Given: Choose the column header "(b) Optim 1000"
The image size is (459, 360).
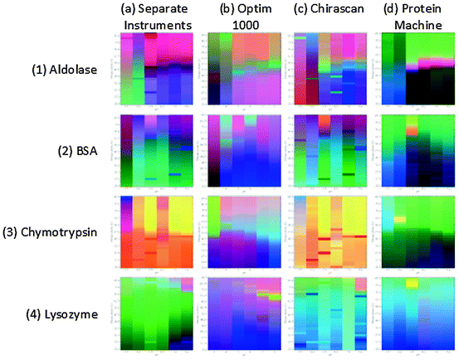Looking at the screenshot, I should pos(244,17).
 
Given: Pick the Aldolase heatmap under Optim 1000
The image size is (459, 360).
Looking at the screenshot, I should pos(246,70).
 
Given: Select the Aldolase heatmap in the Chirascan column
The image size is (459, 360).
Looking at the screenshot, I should pos(330,70).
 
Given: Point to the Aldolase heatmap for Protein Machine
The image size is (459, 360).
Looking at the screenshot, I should pos(415,70).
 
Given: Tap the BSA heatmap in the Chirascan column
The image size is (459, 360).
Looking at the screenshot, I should pos(330,151).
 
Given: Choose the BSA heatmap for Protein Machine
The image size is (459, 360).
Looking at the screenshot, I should pos(415,151).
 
